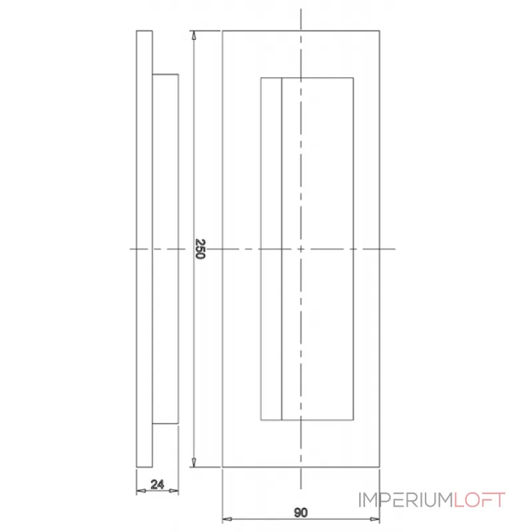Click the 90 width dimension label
pyautogui.click(x=301, y=512)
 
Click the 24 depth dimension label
pyautogui.click(x=158, y=485)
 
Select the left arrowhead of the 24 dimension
pyautogui.click(x=140, y=491)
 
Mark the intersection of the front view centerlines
pyautogui.click(x=301, y=249)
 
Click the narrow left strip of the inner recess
pyautogui.click(x=271, y=249)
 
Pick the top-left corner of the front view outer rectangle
pyautogui.click(x=222, y=31)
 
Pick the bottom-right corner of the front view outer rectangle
pyautogui.click(x=380, y=467)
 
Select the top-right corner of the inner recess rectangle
pyautogui.click(x=353, y=78)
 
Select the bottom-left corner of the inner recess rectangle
pyautogui.click(x=261, y=420)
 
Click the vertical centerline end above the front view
pyautogui.click(x=301, y=11)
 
